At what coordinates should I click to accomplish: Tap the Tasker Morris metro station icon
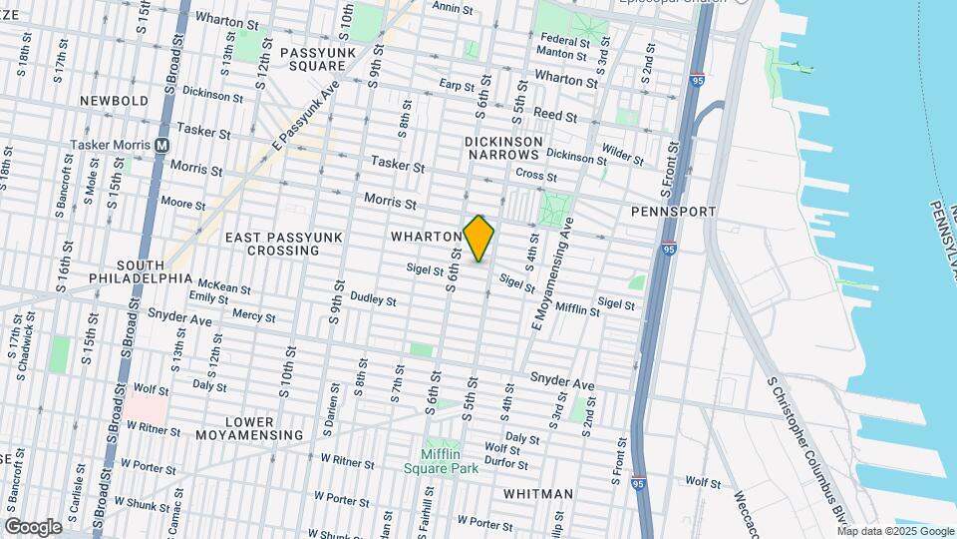[x=161, y=145]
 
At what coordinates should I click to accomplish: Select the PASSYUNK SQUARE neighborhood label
[x=312, y=59]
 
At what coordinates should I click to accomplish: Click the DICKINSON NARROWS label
[x=503, y=149]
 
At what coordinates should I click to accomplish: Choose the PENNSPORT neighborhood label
[x=674, y=212]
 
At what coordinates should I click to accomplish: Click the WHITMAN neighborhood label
[x=538, y=493]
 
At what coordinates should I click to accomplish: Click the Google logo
[x=33, y=526]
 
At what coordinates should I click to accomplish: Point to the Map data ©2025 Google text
[x=896, y=531]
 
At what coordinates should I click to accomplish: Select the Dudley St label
[x=373, y=298]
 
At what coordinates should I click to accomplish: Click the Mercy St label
[x=252, y=315]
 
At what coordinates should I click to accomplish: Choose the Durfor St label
[x=506, y=463]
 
